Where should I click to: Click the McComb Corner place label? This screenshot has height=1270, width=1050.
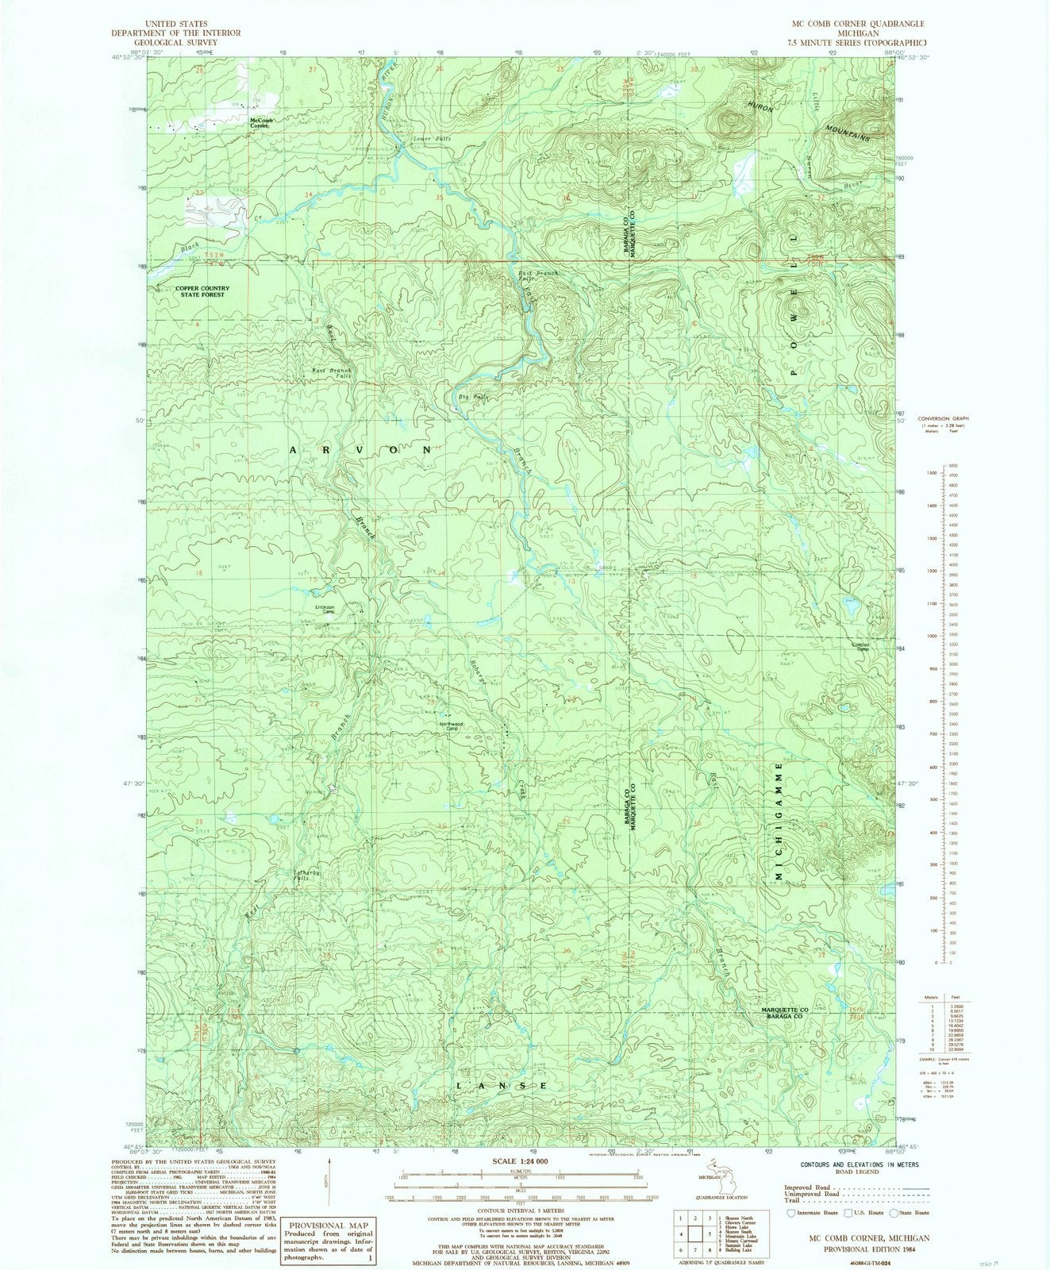coord(261,123)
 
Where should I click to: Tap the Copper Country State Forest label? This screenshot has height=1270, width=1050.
coord(202,291)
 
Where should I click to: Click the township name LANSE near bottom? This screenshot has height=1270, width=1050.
coord(502,1085)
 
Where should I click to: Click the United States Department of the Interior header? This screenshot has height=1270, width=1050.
coord(176,33)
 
